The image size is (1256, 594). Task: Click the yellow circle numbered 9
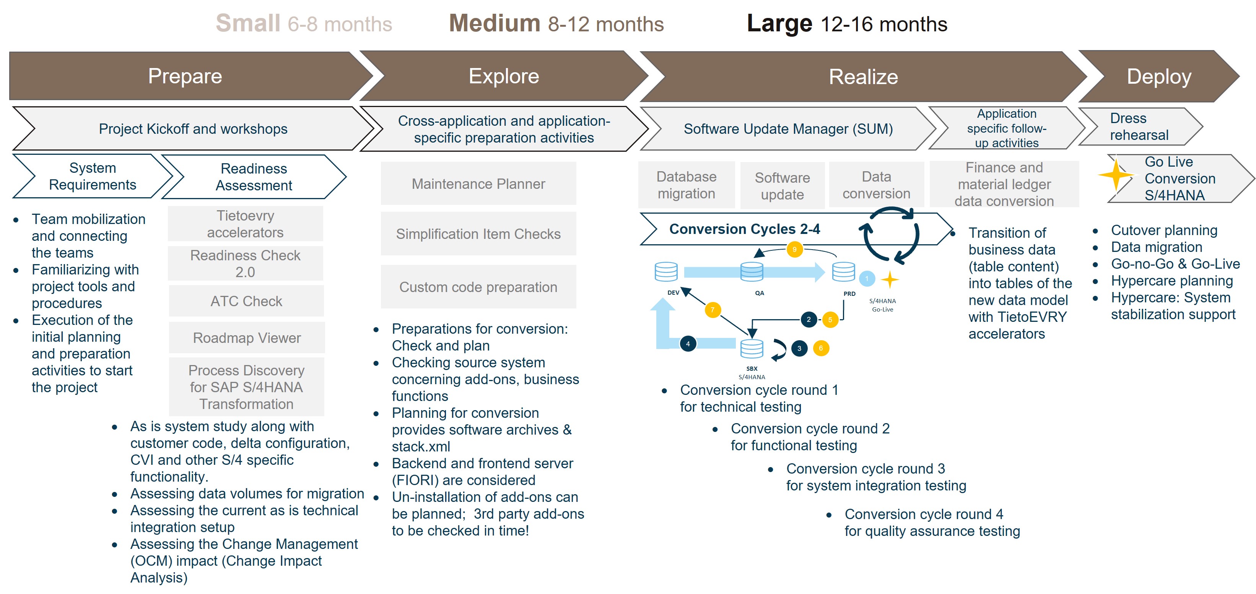[794, 250]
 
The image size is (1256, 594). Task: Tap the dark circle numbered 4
[688, 344]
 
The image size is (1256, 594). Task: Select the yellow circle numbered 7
[713, 310]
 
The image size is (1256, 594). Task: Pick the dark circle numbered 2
[809, 320]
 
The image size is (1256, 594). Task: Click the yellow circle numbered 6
[821, 348]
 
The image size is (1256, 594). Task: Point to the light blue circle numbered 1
[866, 279]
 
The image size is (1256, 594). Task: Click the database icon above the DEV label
[665, 271]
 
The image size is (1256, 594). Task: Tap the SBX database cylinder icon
[752, 348]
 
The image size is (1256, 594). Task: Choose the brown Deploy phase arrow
[1158, 76]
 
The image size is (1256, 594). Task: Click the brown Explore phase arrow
[503, 76]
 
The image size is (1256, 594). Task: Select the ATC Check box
[246, 301]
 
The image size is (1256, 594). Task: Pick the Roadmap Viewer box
[247, 338]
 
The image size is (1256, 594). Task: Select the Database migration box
[686, 185]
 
